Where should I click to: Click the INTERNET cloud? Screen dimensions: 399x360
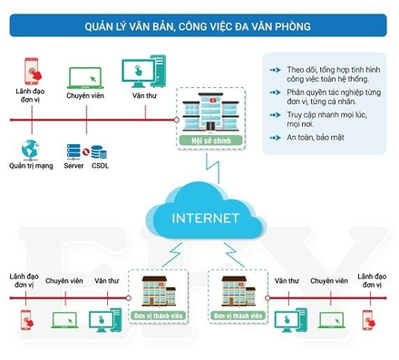pyautogui.click(x=206, y=211)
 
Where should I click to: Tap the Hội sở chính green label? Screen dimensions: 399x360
pyautogui.click(x=211, y=141)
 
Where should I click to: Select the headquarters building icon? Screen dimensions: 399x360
pyautogui.click(x=210, y=112)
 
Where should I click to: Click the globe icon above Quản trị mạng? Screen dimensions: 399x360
pyautogui.click(x=30, y=150)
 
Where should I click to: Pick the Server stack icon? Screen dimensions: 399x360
pyautogui.click(x=73, y=151)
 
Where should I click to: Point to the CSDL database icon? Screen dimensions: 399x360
pyautogui.click(x=99, y=152)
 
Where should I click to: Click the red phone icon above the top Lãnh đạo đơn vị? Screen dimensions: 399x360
pyautogui.click(x=33, y=71)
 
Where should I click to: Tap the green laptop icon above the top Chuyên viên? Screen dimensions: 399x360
pyautogui.click(x=85, y=78)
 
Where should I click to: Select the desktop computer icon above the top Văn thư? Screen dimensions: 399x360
pyautogui.click(x=144, y=72)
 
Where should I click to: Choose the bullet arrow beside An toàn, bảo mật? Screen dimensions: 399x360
pyautogui.click(x=276, y=138)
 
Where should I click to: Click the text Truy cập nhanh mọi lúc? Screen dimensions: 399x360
pyautogui.click(x=326, y=115)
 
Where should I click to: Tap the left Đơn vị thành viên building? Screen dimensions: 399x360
pyautogui.click(x=159, y=291)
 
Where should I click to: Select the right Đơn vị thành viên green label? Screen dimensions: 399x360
pyautogui.click(x=238, y=316)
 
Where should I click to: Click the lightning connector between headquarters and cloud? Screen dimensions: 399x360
pyautogui.click(x=212, y=169)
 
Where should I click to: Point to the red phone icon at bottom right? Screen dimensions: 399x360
pyautogui.click(x=368, y=320)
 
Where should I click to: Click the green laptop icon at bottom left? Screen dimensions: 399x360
pyautogui.click(x=64, y=320)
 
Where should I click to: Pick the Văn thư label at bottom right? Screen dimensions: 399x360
pyautogui.click(x=287, y=281)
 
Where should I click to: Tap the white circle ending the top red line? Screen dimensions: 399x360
pyautogui.click(x=177, y=120)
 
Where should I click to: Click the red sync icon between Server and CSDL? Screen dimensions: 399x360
pyautogui.click(x=85, y=151)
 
